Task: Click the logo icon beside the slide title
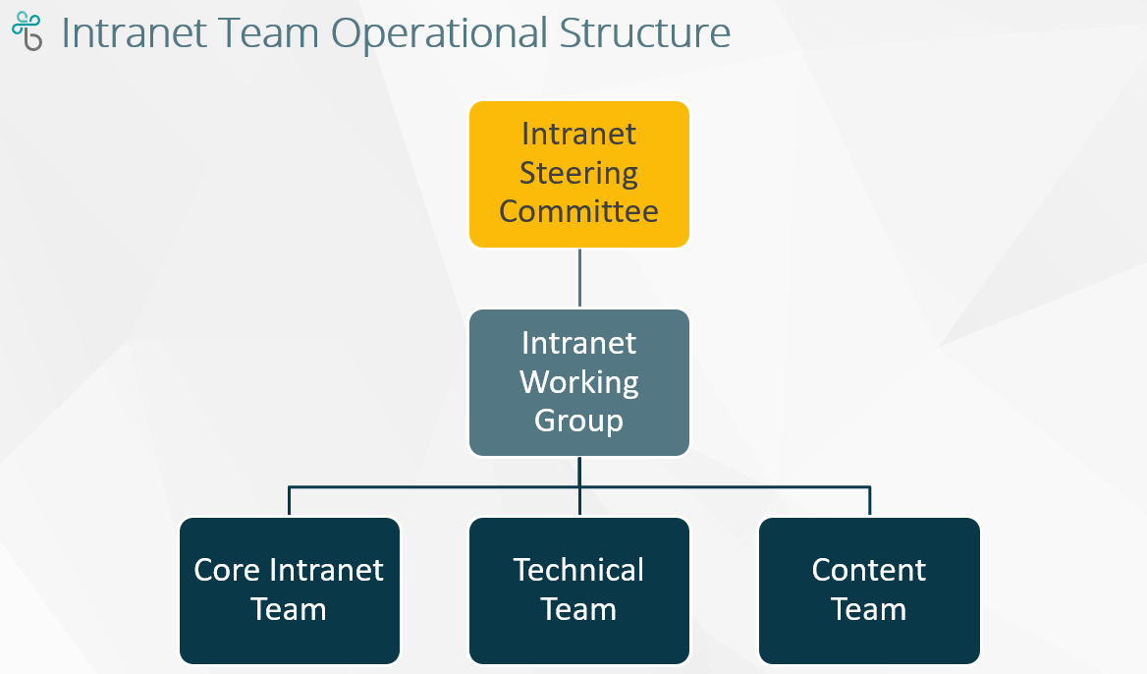click(x=27, y=32)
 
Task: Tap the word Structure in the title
click(x=645, y=33)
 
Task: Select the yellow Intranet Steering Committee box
click(x=579, y=174)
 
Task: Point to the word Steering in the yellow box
click(x=579, y=173)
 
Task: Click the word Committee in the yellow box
click(x=579, y=211)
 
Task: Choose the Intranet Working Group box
click(x=579, y=382)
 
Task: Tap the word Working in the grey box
click(x=579, y=381)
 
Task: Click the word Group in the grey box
click(x=579, y=421)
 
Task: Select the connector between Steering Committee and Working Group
click(x=579, y=278)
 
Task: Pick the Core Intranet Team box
click(x=290, y=590)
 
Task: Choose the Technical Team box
click(x=579, y=590)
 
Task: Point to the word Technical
click(x=579, y=570)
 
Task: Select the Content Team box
click(x=869, y=590)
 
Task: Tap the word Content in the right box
click(x=869, y=570)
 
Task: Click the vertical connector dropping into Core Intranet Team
click(x=290, y=500)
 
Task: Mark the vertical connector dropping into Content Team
click(x=869, y=500)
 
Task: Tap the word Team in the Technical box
click(x=579, y=609)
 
